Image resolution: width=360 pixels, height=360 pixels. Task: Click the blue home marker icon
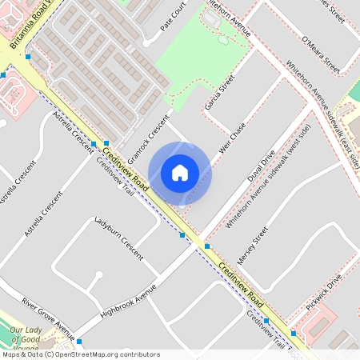click(180, 173)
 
